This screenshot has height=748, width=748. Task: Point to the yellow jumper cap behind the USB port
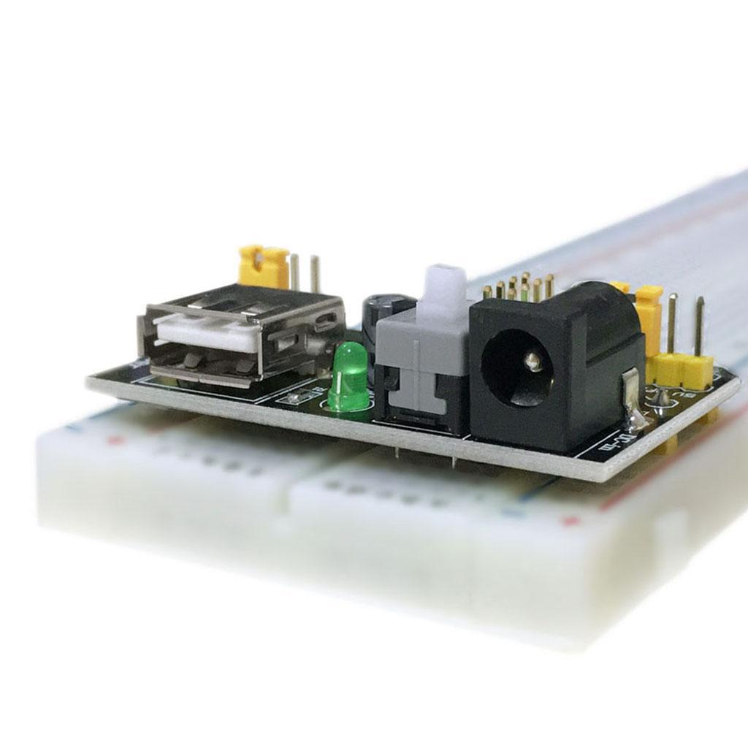click(264, 267)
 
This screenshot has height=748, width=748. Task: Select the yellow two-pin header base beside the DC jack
click(682, 368)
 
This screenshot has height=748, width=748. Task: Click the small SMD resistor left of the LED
click(294, 398)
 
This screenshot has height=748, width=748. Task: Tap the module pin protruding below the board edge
click(453, 460)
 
